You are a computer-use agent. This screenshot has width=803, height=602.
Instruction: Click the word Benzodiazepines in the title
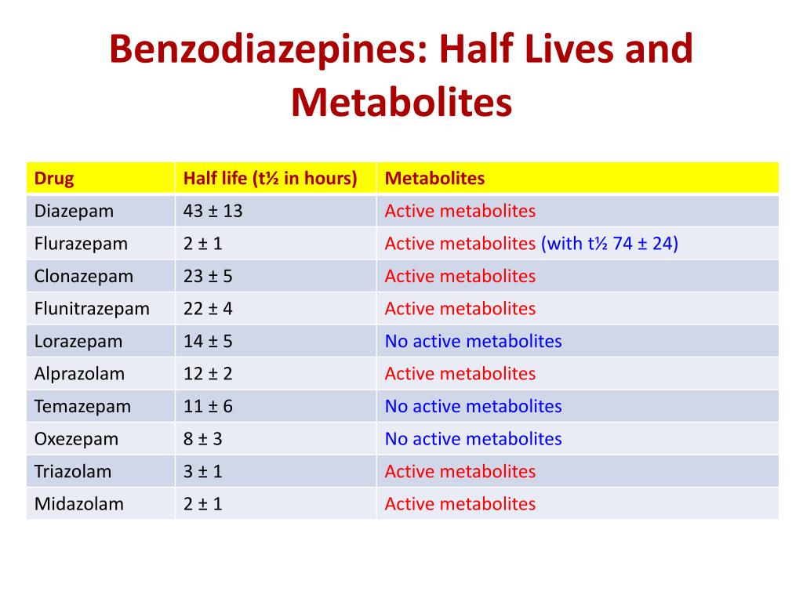tap(261, 50)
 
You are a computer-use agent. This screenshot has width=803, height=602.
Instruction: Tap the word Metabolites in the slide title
tap(401, 103)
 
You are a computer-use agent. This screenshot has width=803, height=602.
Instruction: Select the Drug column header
tap(54, 179)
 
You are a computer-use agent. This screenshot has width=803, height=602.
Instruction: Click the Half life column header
tap(270, 179)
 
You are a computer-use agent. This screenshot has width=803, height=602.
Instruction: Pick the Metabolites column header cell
tap(434, 179)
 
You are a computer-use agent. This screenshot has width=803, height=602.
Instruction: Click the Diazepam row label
tap(74, 211)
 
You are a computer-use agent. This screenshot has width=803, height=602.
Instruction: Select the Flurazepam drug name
tap(81, 244)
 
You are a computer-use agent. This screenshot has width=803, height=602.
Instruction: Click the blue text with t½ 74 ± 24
tap(609, 244)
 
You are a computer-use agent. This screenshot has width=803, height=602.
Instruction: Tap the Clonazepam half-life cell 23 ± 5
tap(208, 276)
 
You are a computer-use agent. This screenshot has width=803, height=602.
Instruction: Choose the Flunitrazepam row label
tap(92, 309)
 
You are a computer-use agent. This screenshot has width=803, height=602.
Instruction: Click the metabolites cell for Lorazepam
tap(473, 341)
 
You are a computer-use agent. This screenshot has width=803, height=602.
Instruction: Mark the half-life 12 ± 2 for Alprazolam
tap(208, 374)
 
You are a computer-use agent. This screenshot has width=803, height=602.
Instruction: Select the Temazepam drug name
tap(82, 406)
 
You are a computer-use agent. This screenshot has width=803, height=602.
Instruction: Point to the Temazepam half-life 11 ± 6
tap(208, 406)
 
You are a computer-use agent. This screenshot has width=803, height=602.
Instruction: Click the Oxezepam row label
tap(76, 439)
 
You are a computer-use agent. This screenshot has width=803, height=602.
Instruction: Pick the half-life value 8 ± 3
tap(203, 439)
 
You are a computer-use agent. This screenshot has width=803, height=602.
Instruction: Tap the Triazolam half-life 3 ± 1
tap(203, 471)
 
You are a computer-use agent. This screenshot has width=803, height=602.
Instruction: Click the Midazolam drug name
tap(78, 504)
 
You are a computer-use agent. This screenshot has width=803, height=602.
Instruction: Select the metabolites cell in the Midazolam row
tap(460, 504)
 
